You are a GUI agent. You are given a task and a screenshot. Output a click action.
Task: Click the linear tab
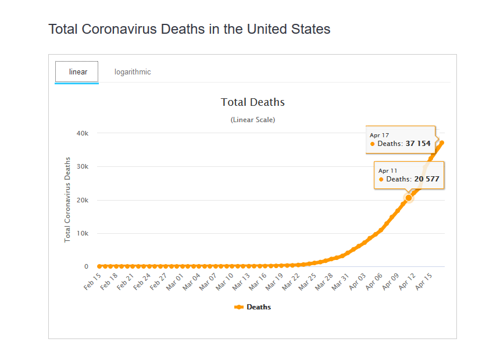click(78, 72)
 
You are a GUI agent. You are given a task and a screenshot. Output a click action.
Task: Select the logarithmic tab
click(133, 72)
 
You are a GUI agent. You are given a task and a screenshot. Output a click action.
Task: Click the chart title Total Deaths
click(253, 102)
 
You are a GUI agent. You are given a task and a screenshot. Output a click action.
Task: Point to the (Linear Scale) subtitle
click(253, 120)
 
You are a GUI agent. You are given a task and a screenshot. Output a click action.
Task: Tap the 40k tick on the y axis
click(83, 133)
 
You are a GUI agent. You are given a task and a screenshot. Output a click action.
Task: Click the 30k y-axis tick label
click(83, 167)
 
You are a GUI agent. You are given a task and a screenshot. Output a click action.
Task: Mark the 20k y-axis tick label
click(83, 200)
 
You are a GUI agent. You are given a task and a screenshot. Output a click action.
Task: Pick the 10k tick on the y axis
click(83, 234)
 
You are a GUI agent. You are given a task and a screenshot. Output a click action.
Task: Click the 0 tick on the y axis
click(86, 267)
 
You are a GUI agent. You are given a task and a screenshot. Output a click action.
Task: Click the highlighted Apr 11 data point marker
click(409, 198)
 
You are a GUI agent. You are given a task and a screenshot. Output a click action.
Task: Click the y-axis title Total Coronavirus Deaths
click(67, 199)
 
